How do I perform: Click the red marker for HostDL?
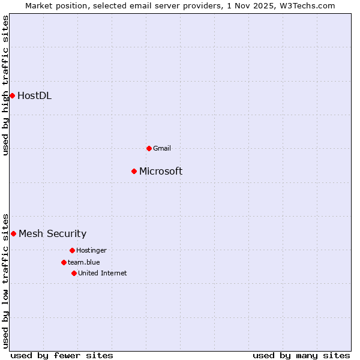[12, 95]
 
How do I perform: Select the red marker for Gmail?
[149, 148]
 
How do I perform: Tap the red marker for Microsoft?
[134, 172]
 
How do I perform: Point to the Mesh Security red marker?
[13, 233]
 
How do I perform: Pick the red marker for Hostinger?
[72, 250]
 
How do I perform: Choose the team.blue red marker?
[64, 262]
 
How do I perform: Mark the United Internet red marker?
[74, 273]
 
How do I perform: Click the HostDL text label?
[34, 95]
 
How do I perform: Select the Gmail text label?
[162, 148]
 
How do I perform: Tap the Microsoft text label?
[161, 172]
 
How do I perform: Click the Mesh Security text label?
[52, 234]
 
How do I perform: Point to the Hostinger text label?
[91, 250]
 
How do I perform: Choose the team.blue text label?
[83, 262]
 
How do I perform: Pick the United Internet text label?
[102, 273]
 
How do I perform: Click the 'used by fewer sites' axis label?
[62, 355]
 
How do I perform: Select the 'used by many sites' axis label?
[301, 355]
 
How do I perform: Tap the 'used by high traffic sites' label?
[6, 85]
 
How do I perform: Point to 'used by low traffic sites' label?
[6, 281]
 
